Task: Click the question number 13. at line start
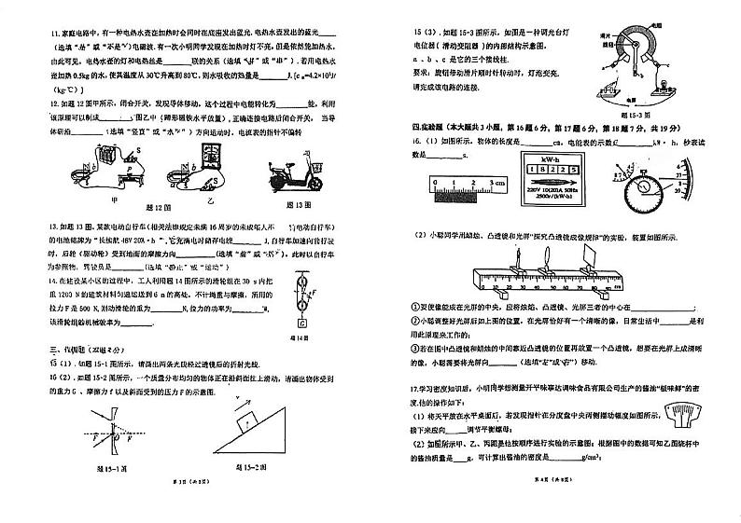pyautogui.click(x=54, y=227)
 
